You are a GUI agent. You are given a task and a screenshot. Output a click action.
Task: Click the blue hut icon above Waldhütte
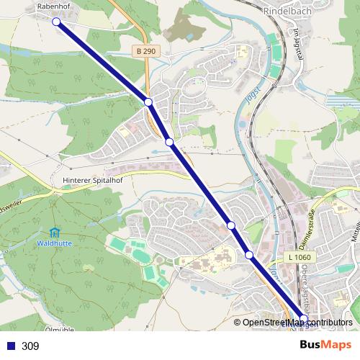[55, 233]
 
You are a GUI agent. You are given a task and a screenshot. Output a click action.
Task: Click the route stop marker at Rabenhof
[56, 22]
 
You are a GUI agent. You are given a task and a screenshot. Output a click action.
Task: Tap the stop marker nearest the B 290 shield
[148, 103]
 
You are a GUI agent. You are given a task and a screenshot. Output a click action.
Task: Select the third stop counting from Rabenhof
[169, 143]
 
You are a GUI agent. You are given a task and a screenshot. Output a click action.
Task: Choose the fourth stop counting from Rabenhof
[231, 226]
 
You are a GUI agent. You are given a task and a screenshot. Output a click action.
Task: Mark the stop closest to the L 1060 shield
[249, 255]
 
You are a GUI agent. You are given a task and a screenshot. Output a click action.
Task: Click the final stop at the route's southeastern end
[303, 318]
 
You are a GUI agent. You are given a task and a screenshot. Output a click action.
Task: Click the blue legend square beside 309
[11, 346]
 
